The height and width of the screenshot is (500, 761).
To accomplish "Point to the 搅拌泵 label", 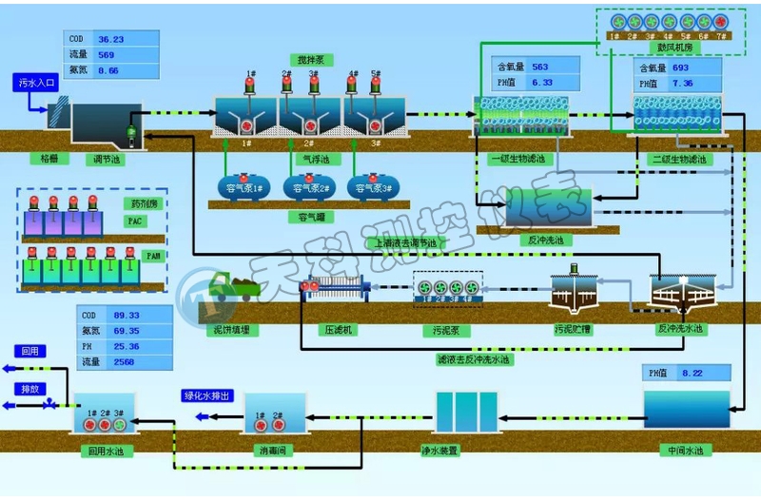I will pos(309,59).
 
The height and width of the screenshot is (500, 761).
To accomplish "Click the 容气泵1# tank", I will pos(244,187).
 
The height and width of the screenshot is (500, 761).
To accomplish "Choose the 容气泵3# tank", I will pos(372,187).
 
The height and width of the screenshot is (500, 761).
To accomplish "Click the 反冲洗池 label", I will pos(547,240).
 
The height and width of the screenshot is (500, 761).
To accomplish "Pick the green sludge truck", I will pos(232,286).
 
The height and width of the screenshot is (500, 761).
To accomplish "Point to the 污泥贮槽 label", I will pos(573,329).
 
